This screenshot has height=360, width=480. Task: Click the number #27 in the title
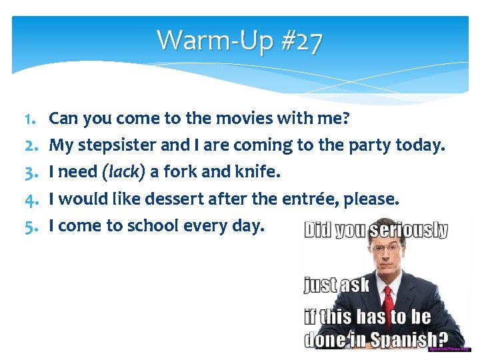(x=301, y=41)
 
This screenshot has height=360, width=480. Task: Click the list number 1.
(x=29, y=119)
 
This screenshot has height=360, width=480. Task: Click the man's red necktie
(x=389, y=301)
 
